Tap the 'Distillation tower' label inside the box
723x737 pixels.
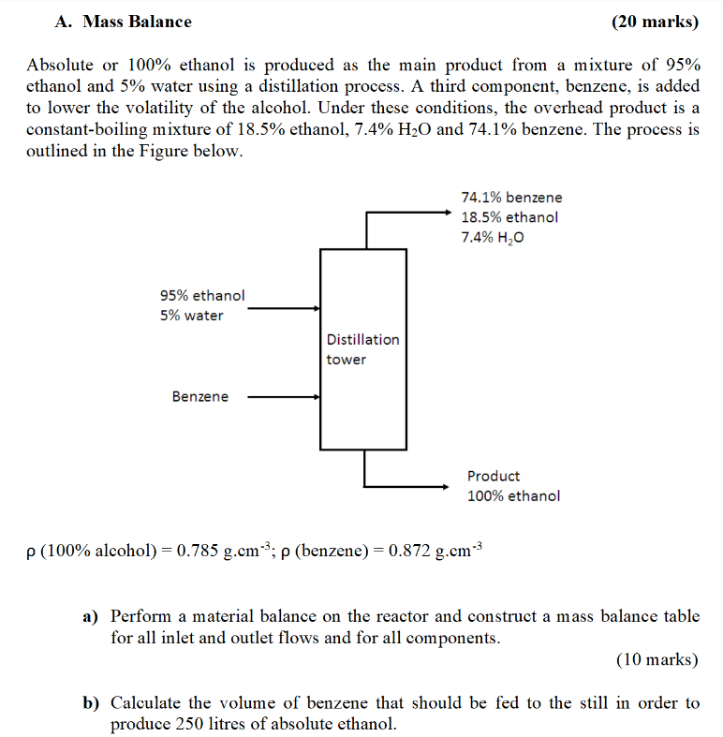361,349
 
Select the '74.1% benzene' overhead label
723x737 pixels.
511,198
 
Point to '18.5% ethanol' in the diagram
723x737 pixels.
509,217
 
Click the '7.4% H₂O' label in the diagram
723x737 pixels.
493,238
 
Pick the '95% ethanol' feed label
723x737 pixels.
202,296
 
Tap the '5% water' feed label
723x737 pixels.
191,316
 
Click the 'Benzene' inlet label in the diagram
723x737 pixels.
199,397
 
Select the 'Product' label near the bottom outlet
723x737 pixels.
494,477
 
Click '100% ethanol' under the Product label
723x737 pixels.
513,496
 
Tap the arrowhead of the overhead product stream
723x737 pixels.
448,213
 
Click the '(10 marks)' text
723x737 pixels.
657,660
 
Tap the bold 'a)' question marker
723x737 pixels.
91,617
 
